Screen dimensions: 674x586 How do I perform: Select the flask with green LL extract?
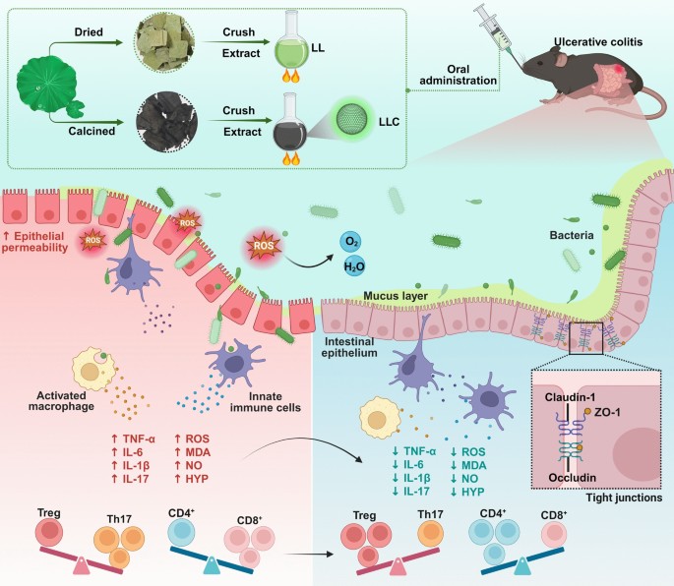click(x=291, y=45)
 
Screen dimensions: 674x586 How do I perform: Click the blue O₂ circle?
click(x=350, y=242)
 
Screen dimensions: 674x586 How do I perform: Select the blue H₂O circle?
click(x=354, y=266)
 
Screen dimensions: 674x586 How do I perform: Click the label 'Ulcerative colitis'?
click(x=598, y=42)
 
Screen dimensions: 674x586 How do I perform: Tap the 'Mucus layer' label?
click(x=396, y=296)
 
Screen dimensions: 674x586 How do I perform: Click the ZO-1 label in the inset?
click(x=607, y=412)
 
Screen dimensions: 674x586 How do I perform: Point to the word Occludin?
click(x=572, y=478)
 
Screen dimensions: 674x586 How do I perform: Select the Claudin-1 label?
click(x=570, y=398)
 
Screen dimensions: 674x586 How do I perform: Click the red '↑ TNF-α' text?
click(x=133, y=439)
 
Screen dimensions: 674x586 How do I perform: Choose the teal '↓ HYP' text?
click(x=467, y=492)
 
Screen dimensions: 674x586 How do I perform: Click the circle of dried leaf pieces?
click(x=164, y=42)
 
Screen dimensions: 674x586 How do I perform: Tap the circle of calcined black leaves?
click(x=167, y=122)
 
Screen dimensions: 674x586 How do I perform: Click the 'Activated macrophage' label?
click(x=61, y=401)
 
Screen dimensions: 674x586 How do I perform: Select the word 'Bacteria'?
click(x=572, y=235)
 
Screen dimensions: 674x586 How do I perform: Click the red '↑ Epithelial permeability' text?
click(x=34, y=242)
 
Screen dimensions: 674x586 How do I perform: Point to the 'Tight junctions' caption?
click(x=624, y=498)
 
